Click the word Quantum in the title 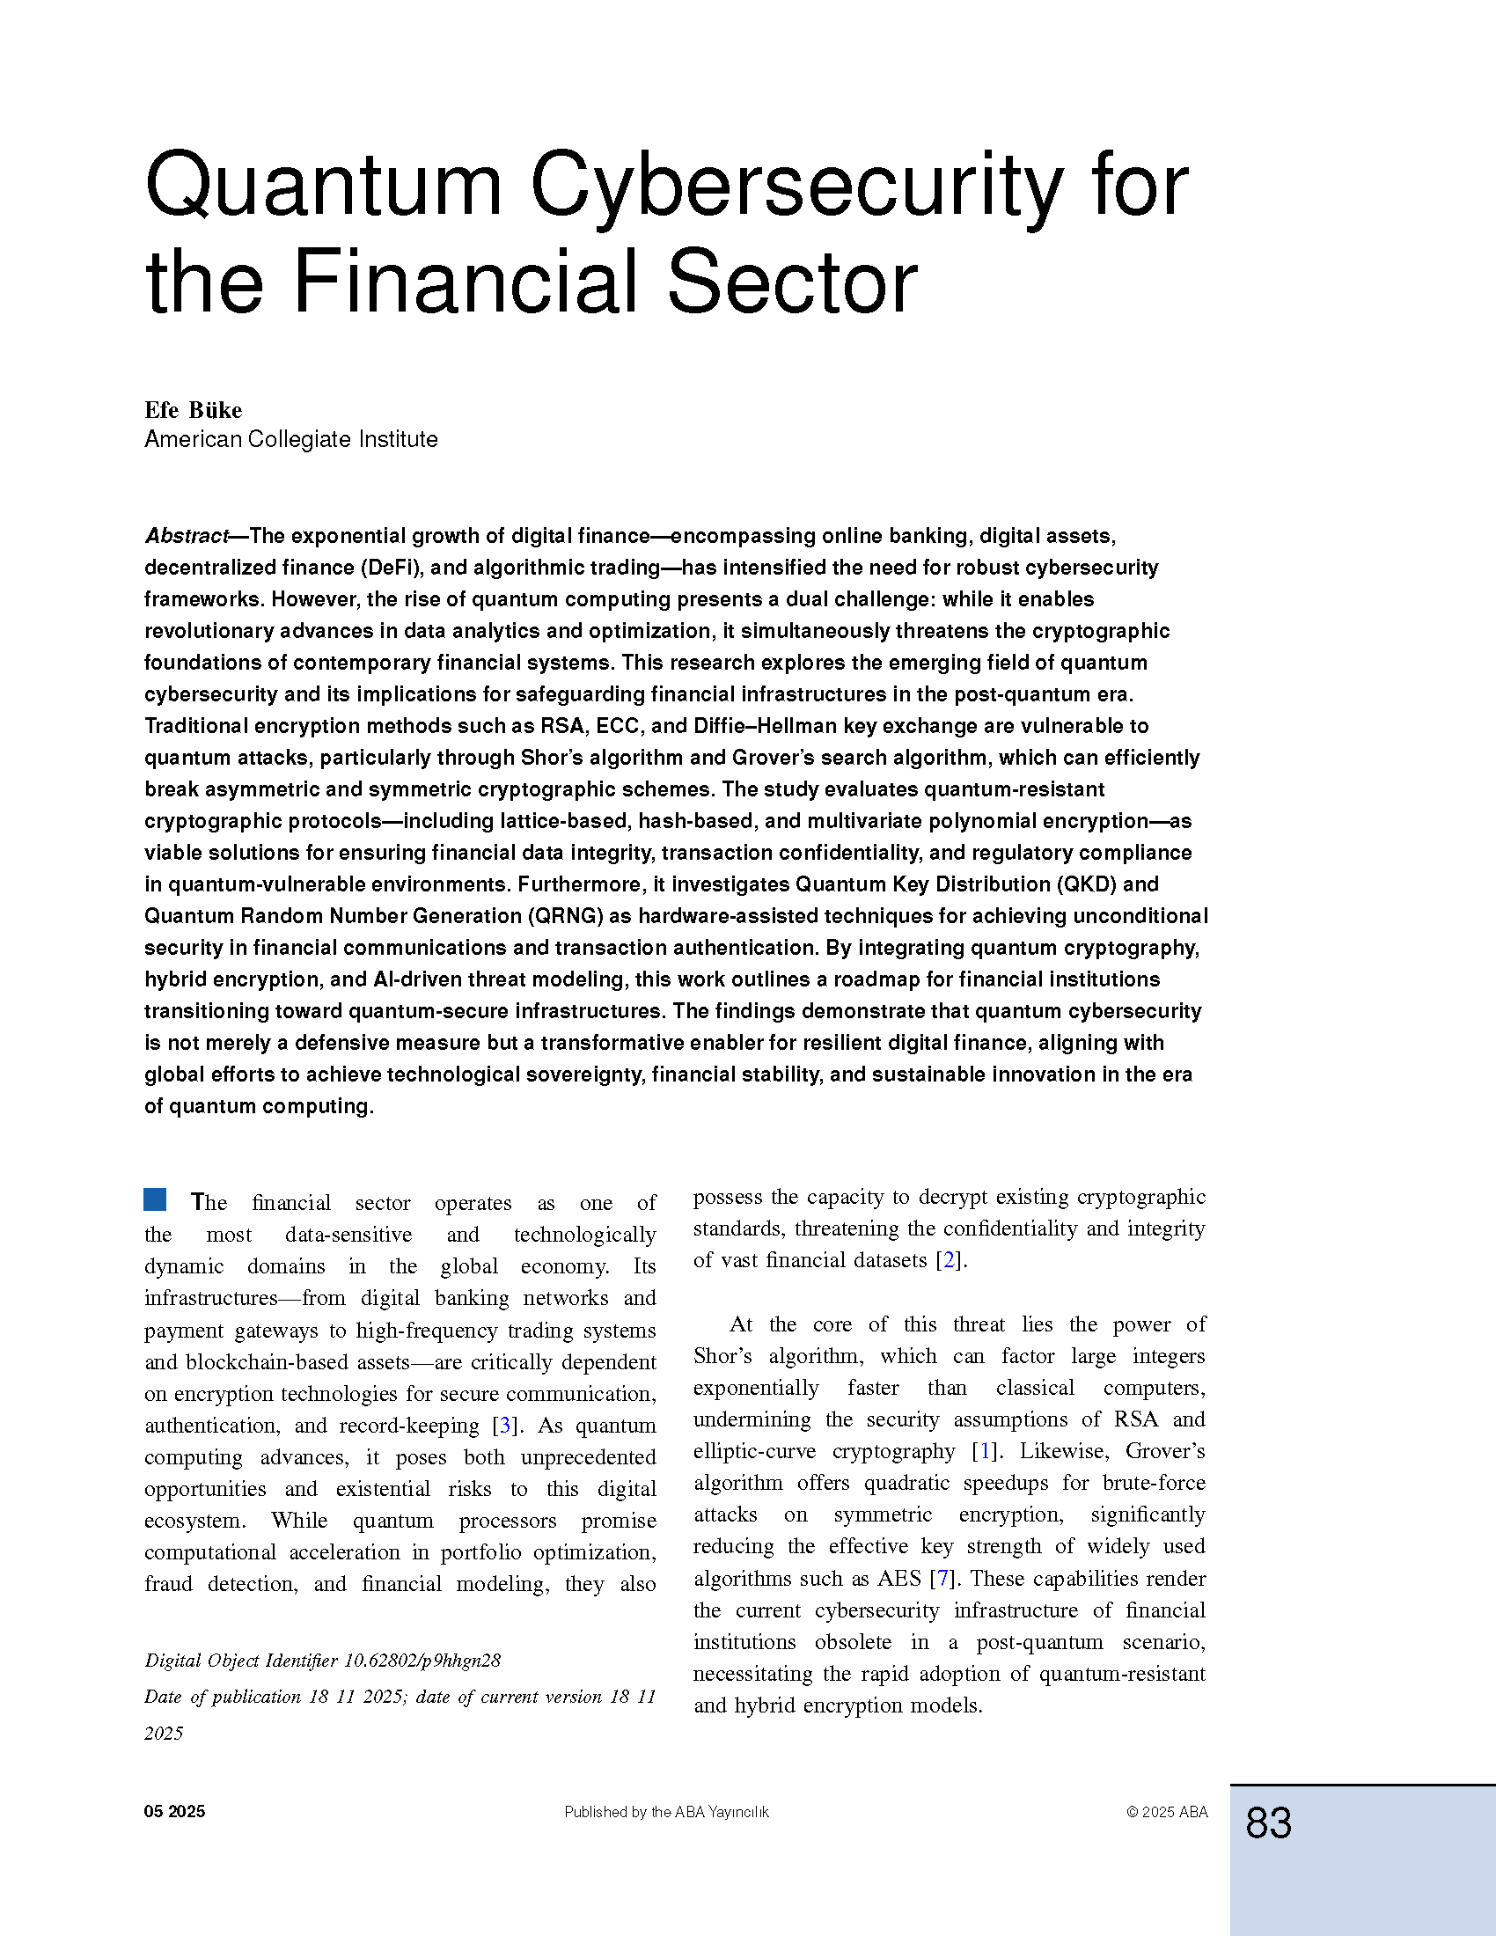click(x=324, y=187)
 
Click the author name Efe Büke click(x=194, y=409)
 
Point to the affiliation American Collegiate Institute click(x=290, y=440)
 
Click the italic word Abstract click(x=186, y=536)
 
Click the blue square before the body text click(x=155, y=1199)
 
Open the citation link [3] click(x=505, y=1426)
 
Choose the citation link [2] click(x=950, y=1259)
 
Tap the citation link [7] click(x=942, y=1579)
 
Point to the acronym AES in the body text click(x=898, y=1579)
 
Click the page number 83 click(x=1268, y=1822)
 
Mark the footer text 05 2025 click(x=174, y=1812)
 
